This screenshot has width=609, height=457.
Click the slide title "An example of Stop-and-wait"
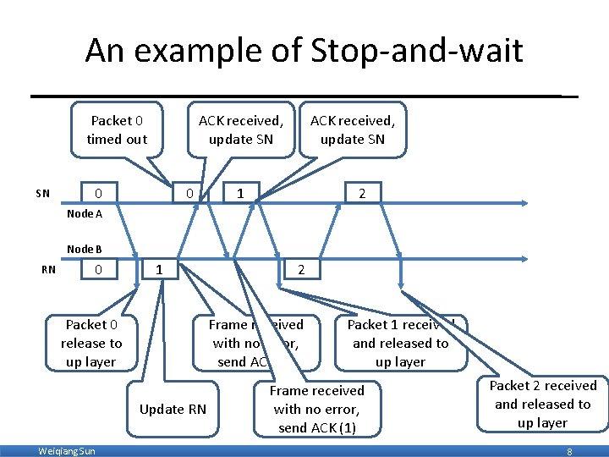point(304,52)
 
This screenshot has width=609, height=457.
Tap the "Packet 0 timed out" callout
point(117,129)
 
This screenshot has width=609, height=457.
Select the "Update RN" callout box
point(173,409)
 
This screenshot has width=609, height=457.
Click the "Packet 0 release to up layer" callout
point(91,343)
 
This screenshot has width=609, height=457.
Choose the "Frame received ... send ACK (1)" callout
point(316,409)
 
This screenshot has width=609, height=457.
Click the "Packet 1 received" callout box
point(400,343)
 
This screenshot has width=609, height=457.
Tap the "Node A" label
point(85,214)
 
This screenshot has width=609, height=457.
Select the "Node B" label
point(85,249)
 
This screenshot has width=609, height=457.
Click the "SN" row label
point(42,194)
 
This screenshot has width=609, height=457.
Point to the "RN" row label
point(49,271)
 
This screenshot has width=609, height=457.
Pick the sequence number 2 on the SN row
point(362,194)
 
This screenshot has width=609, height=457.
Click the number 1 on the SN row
point(241,194)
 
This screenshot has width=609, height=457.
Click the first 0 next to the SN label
point(99,194)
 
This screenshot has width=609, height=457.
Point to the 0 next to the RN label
point(99,271)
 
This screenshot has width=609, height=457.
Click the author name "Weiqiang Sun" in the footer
point(67,451)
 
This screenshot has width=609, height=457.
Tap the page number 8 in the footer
point(569,452)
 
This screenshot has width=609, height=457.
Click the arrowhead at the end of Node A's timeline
point(527,203)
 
